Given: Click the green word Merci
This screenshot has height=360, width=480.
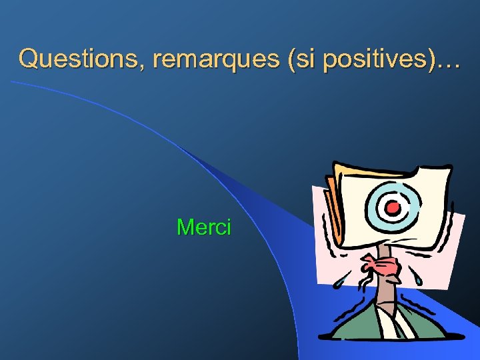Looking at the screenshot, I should click(x=203, y=227).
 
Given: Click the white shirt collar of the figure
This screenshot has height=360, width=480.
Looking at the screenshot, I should click(x=391, y=323).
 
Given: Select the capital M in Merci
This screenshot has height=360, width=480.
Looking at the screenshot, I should click(x=185, y=227).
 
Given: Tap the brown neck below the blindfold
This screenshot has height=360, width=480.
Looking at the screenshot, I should click(x=385, y=293).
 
